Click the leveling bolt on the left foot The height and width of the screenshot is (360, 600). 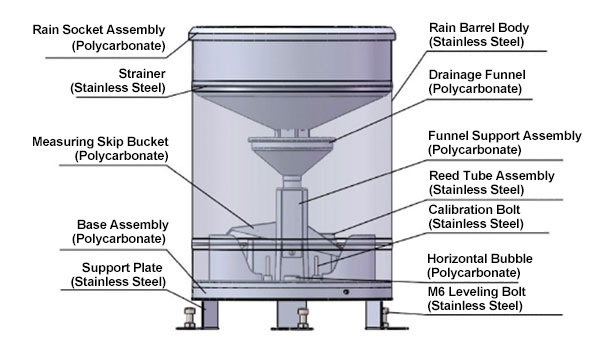(x=190, y=318)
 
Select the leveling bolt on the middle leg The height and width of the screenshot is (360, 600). (x=303, y=318)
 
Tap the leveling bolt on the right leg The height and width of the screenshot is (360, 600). (x=386, y=318)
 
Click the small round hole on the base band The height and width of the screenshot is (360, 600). (x=346, y=292)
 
